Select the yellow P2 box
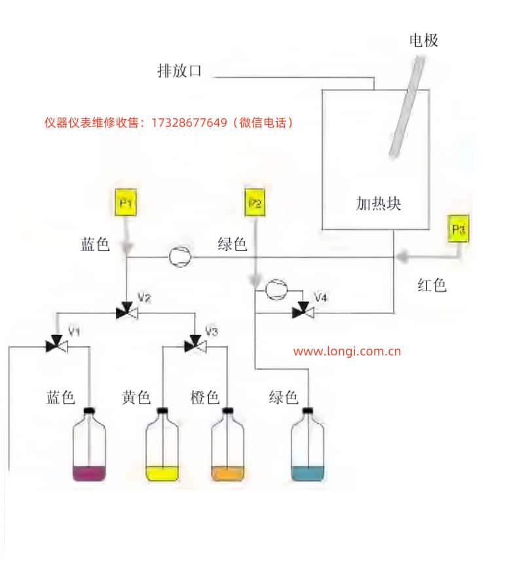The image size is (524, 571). pos(255,203)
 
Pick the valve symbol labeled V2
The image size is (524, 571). pos(126,313)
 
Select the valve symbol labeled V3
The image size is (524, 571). pos(195,345)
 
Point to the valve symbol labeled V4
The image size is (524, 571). pos(303,313)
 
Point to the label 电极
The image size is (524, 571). pos(423,41)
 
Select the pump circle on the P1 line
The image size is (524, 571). pos(179,257)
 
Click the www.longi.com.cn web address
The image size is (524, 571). pos(346,351)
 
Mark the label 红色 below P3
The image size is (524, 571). pos(432,285)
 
